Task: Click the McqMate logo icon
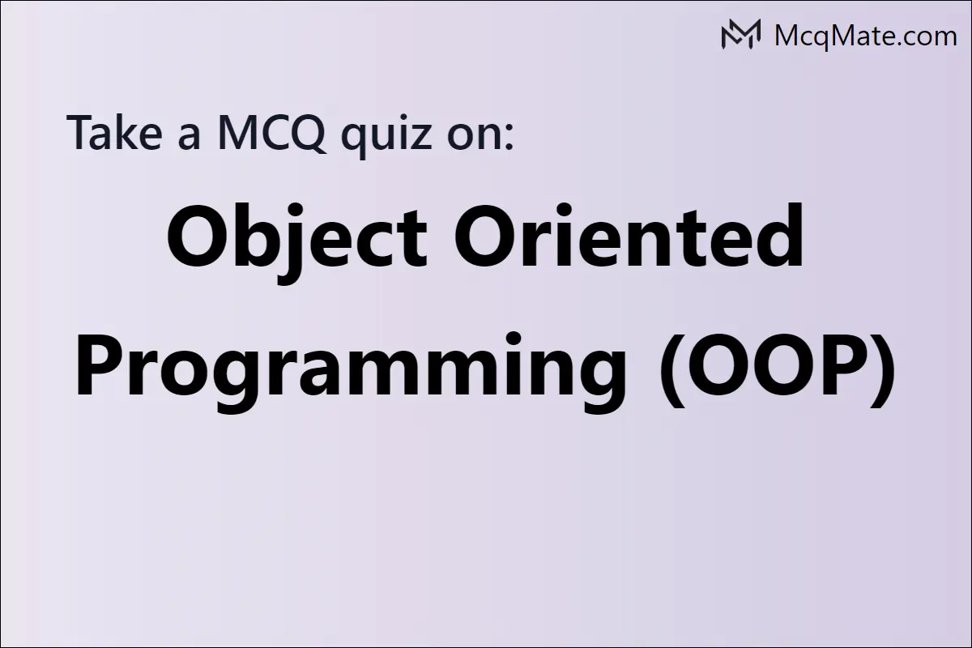coord(740,34)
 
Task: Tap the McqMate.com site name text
coord(866,36)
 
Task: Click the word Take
coord(114,131)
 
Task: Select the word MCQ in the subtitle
coord(271,132)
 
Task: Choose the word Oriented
coord(629,235)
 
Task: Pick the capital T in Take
coord(83,132)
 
